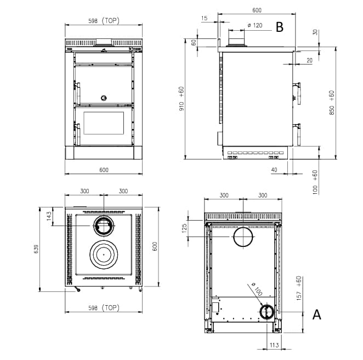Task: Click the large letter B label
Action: pos(280,27)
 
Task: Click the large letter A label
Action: pos(317,314)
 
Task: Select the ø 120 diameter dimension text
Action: pos(255,25)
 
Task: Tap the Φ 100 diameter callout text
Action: pos(257,289)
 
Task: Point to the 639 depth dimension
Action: pos(37,249)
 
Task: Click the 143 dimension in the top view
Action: pos(49,216)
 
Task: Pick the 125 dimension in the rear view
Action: pos(184,228)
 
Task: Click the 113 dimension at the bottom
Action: pos(274,345)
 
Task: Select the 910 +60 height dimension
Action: pos(181,98)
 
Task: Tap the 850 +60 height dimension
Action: pos(332,103)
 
